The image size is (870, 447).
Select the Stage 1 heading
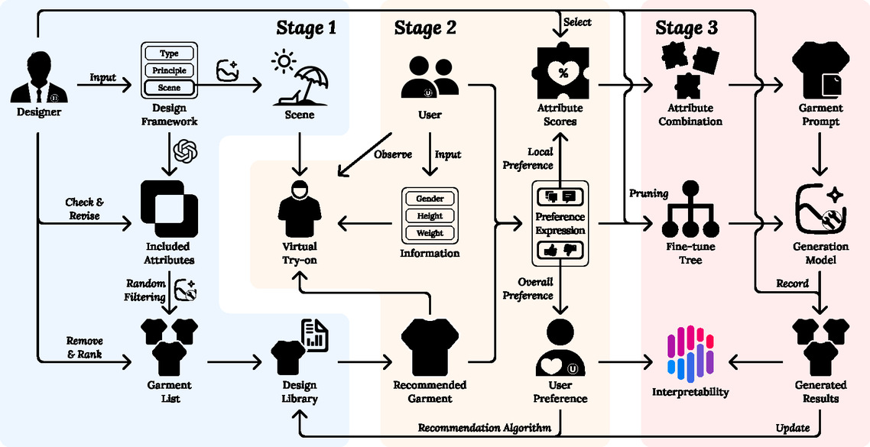coord(306,28)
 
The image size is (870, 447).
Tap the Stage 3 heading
coord(687,28)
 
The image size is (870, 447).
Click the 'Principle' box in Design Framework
coord(170,71)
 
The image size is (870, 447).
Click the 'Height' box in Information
coord(430,215)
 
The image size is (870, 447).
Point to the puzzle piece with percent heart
coord(563,73)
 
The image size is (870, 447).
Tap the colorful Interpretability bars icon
coord(690,354)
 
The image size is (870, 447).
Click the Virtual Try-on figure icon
coord(299,209)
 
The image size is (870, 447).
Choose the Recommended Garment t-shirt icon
coord(429,345)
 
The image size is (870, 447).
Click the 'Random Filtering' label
coord(145,291)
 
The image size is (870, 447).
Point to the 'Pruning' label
coord(650,193)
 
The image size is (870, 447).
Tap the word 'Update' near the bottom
coord(792,427)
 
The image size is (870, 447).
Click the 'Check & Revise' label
coord(84,209)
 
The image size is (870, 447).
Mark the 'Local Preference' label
coord(528,159)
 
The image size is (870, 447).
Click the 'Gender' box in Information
coord(430,199)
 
